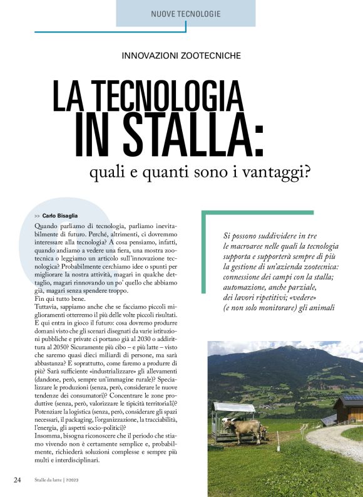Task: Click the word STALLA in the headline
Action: [x=188, y=134]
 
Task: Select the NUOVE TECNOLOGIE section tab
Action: [x=186, y=13]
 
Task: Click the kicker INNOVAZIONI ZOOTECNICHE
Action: [x=181, y=55]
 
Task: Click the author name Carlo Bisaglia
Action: [x=61, y=216]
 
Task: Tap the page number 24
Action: [x=18, y=481]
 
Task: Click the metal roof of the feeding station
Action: [x=233, y=407]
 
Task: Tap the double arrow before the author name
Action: [x=38, y=216]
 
